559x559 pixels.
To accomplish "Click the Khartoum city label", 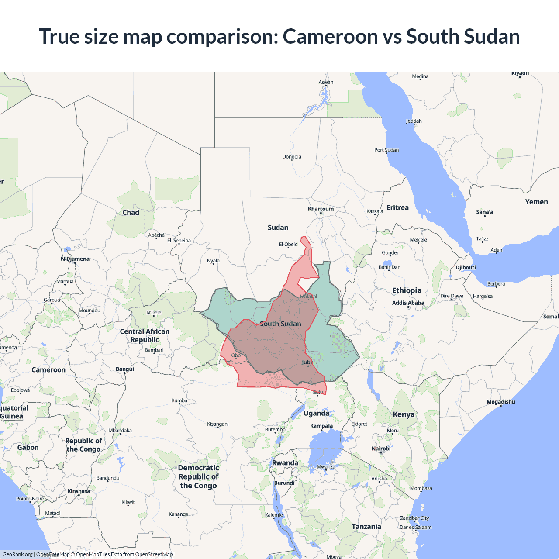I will point(321,209).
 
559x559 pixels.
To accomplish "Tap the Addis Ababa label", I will point(408,303).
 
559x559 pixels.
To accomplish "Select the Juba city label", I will point(307,362).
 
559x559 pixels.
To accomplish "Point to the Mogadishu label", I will point(500,402).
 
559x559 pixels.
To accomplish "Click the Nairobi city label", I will point(381,449).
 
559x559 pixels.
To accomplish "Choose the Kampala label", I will point(321,426).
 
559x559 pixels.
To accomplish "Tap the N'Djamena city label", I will point(75,259).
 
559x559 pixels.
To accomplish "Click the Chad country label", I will point(131,213).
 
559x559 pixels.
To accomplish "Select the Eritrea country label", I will point(397,207).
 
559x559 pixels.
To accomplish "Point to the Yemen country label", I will point(536,202).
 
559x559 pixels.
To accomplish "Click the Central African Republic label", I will point(145,335).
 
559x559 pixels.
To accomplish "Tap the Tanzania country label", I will point(366,527).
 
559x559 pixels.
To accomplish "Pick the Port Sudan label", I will point(386,150).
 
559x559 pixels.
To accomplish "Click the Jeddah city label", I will point(414,121).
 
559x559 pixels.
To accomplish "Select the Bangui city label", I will point(125,369).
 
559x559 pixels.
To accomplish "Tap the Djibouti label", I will point(466,267).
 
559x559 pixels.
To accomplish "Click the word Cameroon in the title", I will point(330,36).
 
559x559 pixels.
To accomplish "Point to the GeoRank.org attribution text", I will point(17,554).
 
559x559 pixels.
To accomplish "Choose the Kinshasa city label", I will point(79,491).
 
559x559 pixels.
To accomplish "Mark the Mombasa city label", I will point(421,488).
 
